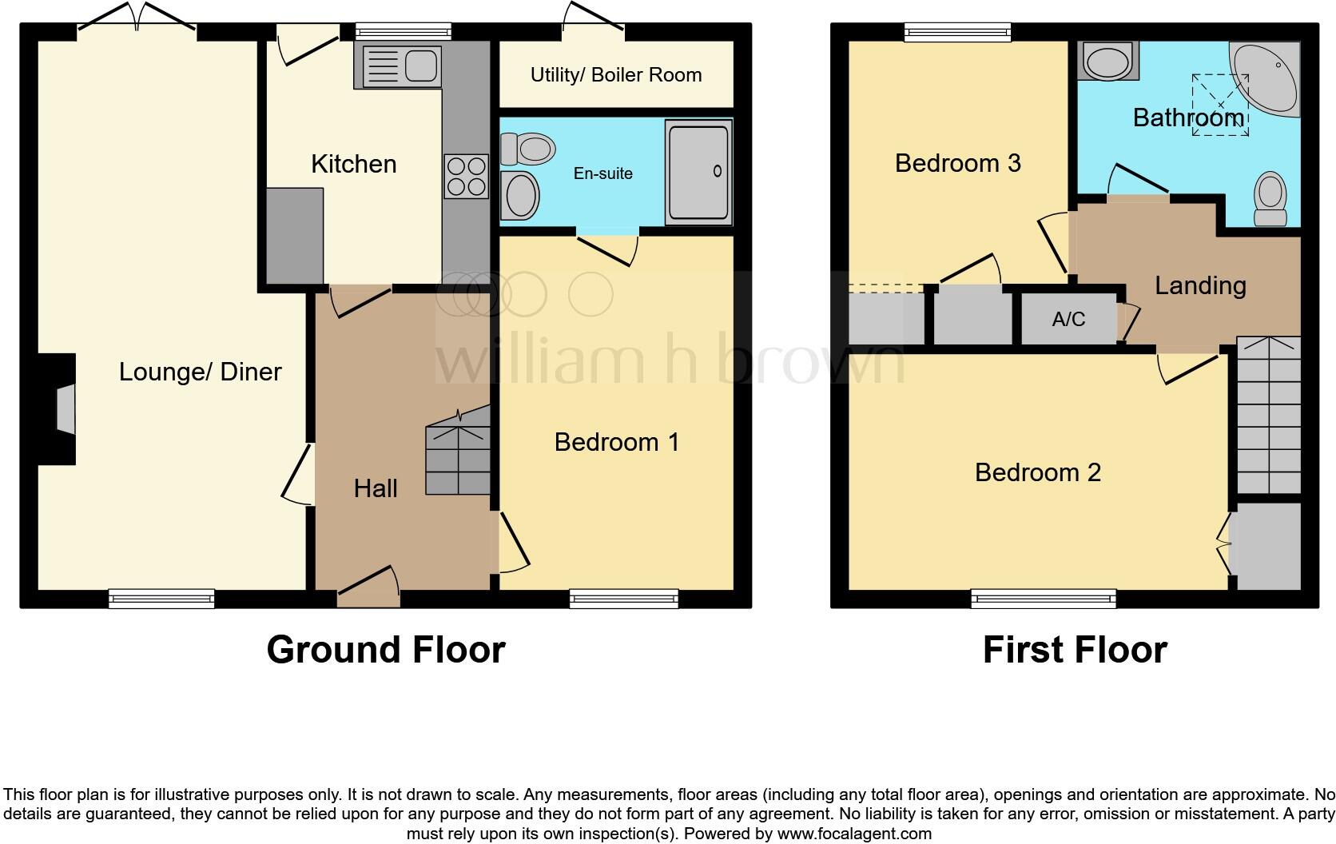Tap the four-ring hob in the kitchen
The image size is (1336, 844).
(467, 176)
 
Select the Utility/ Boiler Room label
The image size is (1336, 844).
(616, 75)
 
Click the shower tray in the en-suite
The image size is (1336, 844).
(698, 171)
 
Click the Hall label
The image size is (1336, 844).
(376, 488)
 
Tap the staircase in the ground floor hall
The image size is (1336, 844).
(458, 452)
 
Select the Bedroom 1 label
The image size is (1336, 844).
(616, 442)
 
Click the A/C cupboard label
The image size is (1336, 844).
(1068, 320)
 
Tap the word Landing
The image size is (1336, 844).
(1200, 285)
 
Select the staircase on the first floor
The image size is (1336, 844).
(1268, 416)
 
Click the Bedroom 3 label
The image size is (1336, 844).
(957, 163)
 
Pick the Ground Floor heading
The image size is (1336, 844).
(385, 650)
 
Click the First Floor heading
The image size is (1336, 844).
(1075, 650)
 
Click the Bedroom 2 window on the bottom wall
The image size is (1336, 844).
(1044, 598)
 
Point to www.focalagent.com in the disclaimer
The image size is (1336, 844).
(854, 834)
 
